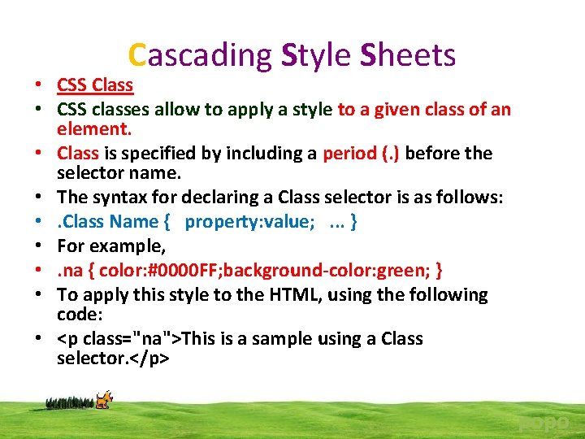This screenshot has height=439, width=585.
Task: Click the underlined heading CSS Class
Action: click(x=95, y=85)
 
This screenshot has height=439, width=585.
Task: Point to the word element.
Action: click(x=94, y=129)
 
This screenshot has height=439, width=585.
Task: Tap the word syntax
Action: click(x=119, y=198)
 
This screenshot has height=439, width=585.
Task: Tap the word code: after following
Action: click(x=78, y=314)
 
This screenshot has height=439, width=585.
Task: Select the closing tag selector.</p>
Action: click(x=113, y=358)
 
